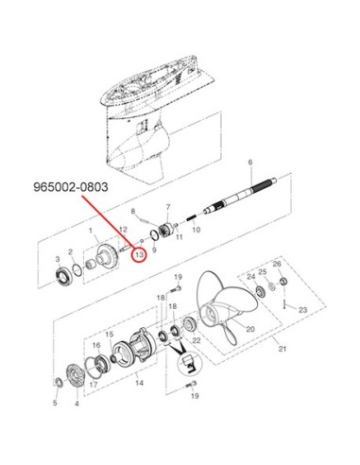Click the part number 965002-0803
pos(71,187)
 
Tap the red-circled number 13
pos(139,254)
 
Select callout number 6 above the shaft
pos(250,163)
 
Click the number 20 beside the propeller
pos(250,329)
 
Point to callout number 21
pos(283,349)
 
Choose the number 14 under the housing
pos(139,383)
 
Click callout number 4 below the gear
pos(77,403)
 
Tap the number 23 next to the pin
pos(302,310)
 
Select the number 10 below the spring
pos(196,230)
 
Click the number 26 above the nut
pos(277,264)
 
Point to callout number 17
pos(94,385)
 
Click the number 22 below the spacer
pos(197,340)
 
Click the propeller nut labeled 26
pos(283,281)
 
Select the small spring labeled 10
pos(192,218)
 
